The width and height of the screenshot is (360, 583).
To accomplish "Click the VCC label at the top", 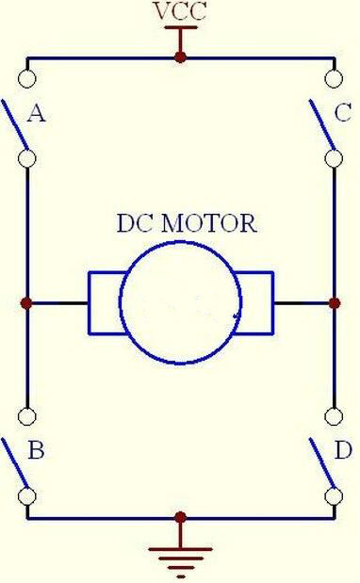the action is point(180,11).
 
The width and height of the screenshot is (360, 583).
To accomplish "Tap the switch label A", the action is point(37,113).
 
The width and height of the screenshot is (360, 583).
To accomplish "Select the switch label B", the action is point(36,450).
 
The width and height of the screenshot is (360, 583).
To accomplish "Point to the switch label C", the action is point(342,112).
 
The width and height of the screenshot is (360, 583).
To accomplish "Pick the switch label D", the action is point(343,450).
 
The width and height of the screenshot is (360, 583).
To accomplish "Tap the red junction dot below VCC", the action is point(180,57).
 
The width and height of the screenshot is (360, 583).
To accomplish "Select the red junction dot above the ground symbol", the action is point(180,517).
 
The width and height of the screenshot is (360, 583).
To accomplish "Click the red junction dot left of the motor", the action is point(26,303).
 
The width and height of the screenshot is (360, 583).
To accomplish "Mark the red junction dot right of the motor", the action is point(335,303).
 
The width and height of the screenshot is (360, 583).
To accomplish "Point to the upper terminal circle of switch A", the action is point(26,78).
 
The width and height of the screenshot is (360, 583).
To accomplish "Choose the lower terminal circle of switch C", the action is point(334,159).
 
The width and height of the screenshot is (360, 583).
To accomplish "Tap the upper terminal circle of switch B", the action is point(26,416).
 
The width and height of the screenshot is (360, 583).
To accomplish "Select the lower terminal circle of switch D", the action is point(334,496).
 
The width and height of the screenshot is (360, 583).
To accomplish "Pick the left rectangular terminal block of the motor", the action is point(90,303).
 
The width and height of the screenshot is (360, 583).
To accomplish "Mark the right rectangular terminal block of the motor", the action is point(273,303).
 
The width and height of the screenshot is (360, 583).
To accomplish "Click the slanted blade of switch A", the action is point(15,124).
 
